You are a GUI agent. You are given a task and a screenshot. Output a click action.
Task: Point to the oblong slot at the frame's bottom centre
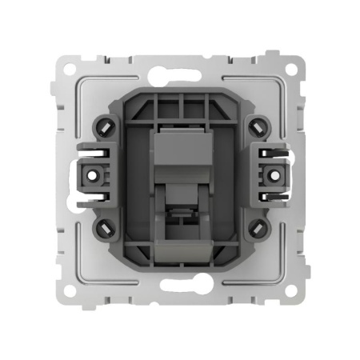(x=180, y=285)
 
